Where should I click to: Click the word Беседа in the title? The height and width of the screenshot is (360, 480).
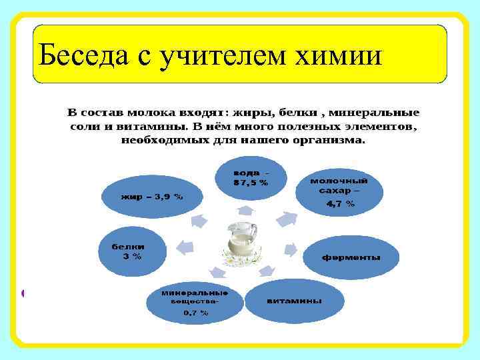click(84, 55)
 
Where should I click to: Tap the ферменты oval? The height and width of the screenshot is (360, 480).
click(351, 257)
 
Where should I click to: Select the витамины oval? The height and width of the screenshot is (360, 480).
click(294, 301)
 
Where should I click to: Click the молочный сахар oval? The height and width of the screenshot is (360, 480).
click(339, 191)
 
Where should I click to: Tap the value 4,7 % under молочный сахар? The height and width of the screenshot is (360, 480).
click(340, 205)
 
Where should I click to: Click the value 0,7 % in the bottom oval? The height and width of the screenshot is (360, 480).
click(196, 312)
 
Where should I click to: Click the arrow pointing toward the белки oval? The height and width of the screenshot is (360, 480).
click(183, 247)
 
